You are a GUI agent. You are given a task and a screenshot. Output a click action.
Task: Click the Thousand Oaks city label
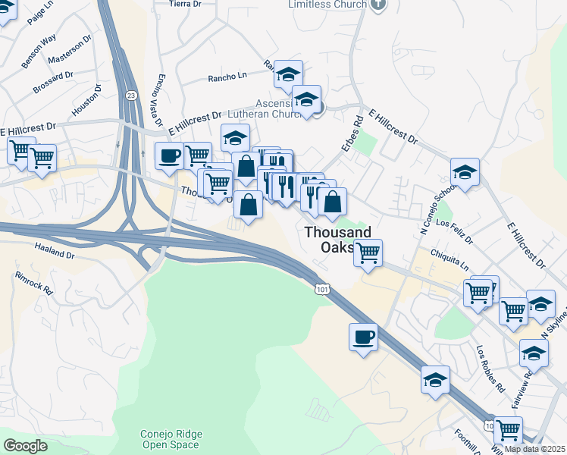click(339, 240)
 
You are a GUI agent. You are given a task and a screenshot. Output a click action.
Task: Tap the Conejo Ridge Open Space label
click(171, 439)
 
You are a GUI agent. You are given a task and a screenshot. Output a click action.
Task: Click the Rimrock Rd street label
click(33, 283)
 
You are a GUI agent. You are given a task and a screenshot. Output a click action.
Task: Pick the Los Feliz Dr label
click(456, 227)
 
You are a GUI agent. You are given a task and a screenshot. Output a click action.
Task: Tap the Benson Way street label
click(39, 51)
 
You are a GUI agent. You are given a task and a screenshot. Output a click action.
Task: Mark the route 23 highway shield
click(130, 95)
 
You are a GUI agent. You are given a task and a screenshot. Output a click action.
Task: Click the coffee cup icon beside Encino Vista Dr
click(168, 155)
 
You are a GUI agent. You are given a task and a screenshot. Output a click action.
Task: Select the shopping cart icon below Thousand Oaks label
click(368, 252)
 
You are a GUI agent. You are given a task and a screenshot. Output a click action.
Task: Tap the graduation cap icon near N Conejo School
click(465, 171)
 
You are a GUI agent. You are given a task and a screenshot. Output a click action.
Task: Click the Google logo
click(26, 445)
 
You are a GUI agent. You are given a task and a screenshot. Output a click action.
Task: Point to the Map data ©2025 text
click(534, 449)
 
